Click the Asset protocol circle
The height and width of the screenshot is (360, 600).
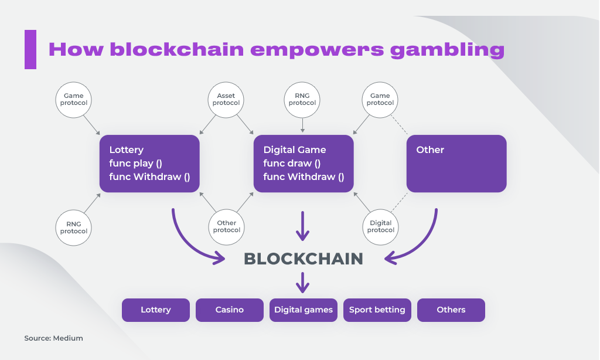click(226, 100)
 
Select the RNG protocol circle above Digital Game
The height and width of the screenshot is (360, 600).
click(302, 100)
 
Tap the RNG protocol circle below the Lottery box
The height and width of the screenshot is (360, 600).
click(74, 227)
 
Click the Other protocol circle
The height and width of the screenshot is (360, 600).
click(227, 226)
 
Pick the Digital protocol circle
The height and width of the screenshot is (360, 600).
click(380, 226)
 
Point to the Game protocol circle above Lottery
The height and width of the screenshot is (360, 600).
click(74, 100)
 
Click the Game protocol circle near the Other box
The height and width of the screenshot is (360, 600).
click(380, 100)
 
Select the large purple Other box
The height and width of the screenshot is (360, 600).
click(456, 164)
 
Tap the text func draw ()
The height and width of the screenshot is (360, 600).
click(292, 163)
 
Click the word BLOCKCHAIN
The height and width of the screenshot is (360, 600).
click(304, 259)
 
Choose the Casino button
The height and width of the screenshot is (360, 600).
click(230, 310)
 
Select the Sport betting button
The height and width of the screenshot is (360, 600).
click(377, 310)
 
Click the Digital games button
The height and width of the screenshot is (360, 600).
click(304, 310)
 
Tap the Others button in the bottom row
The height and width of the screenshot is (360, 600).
click(451, 310)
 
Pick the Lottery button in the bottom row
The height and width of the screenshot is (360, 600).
click(156, 310)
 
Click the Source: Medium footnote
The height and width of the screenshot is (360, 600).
click(54, 338)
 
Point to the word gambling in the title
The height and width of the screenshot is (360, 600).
click(447, 50)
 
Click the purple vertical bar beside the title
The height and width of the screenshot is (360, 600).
click(30, 49)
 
